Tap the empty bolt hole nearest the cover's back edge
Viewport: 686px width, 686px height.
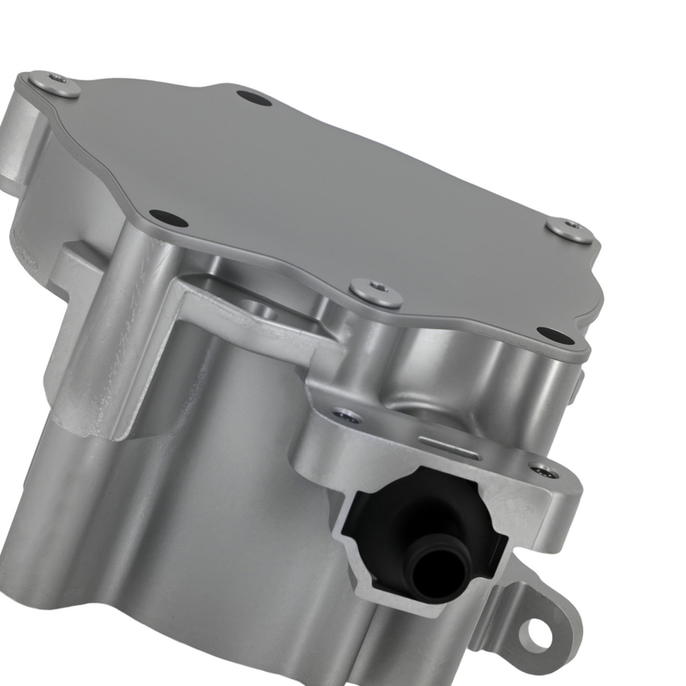tap(255, 98)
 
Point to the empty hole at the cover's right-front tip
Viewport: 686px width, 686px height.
tap(555, 335)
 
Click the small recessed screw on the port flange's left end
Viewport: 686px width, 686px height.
tap(346, 416)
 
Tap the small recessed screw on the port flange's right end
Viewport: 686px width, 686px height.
tap(544, 471)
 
